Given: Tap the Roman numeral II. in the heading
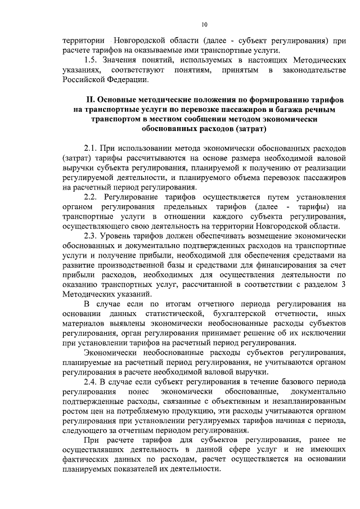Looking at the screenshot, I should click(89, 100).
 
